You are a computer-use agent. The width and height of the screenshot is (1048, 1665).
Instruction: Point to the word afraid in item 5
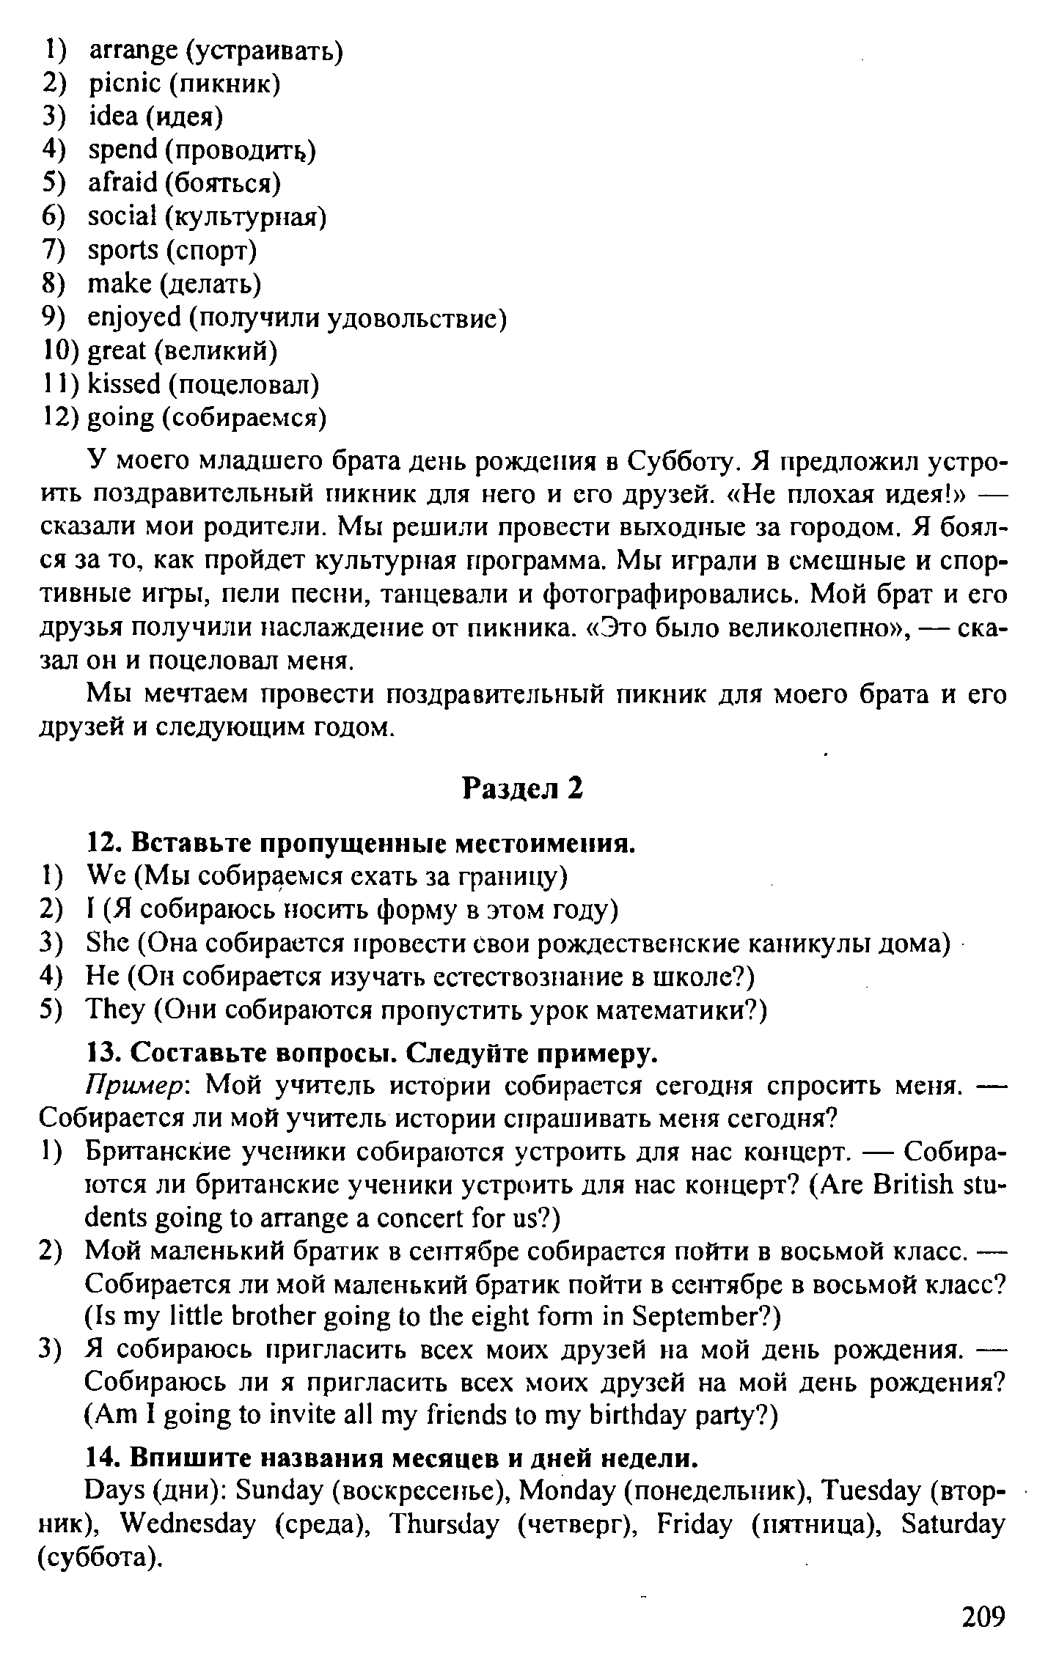click(122, 183)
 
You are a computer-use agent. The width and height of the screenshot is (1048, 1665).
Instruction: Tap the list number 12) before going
click(57, 417)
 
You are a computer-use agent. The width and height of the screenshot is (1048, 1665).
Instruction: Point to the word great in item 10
click(117, 351)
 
